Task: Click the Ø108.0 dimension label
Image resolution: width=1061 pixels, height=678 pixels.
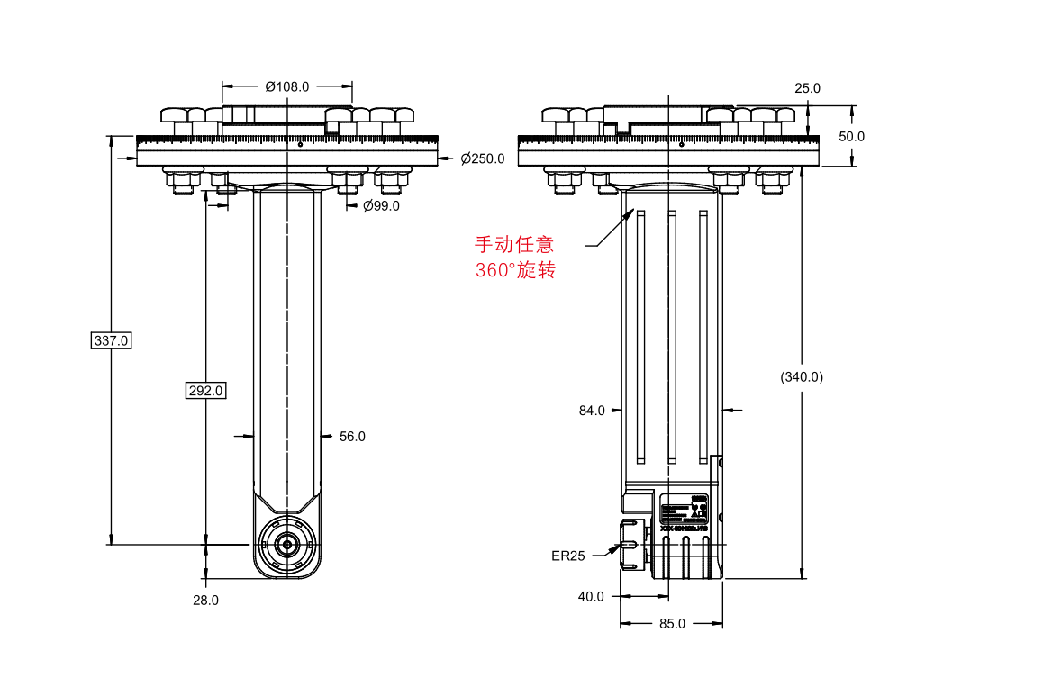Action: pyautogui.click(x=287, y=86)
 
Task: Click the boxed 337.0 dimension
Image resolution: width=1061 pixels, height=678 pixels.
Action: pyautogui.click(x=113, y=340)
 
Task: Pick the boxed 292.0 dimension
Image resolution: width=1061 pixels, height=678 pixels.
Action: pyautogui.click(x=205, y=391)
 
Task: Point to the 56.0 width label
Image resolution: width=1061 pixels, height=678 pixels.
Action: pyautogui.click(x=352, y=437)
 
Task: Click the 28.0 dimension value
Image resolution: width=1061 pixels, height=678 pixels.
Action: pyautogui.click(x=205, y=600)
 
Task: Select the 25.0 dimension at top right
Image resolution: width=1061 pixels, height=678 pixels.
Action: pyautogui.click(x=807, y=88)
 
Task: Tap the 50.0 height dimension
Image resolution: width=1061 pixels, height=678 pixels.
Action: pyautogui.click(x=851, y=137)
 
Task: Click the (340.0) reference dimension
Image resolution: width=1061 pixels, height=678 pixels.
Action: pyautogui.click(x=802, y=377)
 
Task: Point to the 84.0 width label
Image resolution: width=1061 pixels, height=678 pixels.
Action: pyautogui.click(x=592, y=411)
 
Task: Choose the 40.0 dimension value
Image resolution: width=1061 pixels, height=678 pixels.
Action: pyautogui.click(x=592, y=596)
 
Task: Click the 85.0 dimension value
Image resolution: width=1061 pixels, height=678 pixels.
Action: pyautogui.click(x=672, y=623)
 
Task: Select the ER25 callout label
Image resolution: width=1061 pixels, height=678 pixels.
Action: pyautogui.click(x=568, y=556)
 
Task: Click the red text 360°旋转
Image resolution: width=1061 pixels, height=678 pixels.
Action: pyautogui.click(x=515, y=270)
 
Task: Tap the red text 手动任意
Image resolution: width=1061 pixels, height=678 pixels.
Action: pyautogui.click(x=514, y=243)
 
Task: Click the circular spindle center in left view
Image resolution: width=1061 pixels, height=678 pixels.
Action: pyautogui.click(x=287, y=544)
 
